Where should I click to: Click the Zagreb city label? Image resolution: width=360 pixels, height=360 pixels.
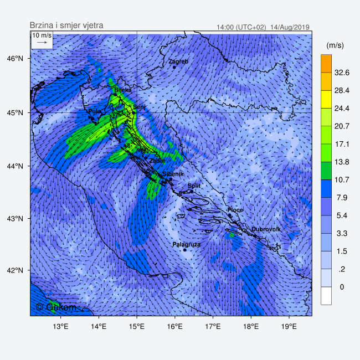point(178,61)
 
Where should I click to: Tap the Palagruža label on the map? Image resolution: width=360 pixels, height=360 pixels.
point(186,244)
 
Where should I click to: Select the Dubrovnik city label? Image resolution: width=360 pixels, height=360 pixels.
point(266,229)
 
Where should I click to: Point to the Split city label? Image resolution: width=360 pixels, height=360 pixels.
point(194,186)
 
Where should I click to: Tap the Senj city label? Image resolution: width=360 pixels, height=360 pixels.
point(139,107)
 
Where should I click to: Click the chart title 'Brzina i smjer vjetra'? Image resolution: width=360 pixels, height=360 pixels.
point(66,25)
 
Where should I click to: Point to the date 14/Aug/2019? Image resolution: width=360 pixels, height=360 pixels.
point(290,27)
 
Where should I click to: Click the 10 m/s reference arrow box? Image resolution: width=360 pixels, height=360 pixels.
point(42,39)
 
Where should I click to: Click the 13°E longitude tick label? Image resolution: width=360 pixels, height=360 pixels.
point(60,325)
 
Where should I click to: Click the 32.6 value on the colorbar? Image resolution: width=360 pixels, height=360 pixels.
point(342,73)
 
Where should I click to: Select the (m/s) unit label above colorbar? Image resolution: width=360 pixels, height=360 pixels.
point(336,45)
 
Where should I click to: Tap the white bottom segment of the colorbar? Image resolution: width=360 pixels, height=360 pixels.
point(326,296)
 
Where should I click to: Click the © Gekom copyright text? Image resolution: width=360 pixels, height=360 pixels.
point(56,306)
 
